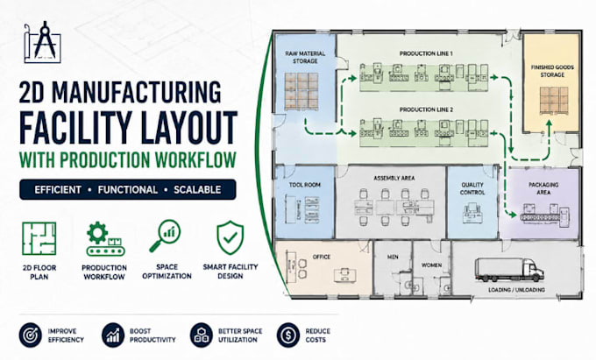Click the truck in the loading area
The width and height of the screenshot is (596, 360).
509,270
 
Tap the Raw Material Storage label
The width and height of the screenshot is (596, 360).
305,57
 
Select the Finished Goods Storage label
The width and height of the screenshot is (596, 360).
552,71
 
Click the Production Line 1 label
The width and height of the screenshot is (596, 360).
426,53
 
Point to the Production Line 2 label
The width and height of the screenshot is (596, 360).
426,109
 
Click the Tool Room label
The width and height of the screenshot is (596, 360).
304,185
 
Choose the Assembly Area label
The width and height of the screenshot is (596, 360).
394,178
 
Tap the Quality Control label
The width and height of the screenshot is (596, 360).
472,188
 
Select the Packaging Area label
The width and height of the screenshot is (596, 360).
543,188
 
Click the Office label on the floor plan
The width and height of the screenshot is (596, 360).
321,258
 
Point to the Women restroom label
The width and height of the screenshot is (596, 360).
431,265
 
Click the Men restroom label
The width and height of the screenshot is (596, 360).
393,258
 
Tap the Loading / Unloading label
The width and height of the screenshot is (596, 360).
516,290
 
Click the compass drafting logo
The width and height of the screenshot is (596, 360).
43,41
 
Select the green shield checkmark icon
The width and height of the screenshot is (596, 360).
230,237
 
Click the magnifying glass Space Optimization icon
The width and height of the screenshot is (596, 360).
165,236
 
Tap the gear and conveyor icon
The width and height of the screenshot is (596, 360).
104,239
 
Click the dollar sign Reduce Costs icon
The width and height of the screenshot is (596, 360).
288,335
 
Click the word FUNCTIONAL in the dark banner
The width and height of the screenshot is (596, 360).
128,189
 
